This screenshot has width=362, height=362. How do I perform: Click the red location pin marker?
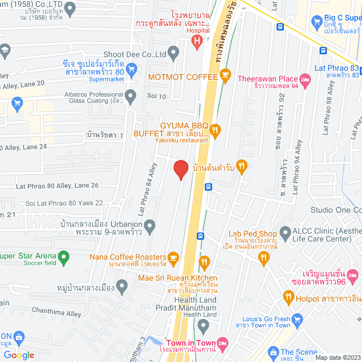[180, 169]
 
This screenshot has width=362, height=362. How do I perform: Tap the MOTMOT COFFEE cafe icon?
[225, 75]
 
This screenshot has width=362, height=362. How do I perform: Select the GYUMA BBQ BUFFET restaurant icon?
[216, 131]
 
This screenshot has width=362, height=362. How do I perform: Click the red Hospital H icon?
[196, 41]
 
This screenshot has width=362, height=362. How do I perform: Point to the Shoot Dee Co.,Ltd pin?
[173, 54]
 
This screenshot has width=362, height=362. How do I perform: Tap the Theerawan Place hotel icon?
[305, 82]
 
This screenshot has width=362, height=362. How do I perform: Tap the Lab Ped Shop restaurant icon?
[263, 257]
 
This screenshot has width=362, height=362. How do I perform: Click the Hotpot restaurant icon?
[288, 296]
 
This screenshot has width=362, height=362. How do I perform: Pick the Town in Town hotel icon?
[223, 343]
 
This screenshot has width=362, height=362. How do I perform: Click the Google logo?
[19, 355]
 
